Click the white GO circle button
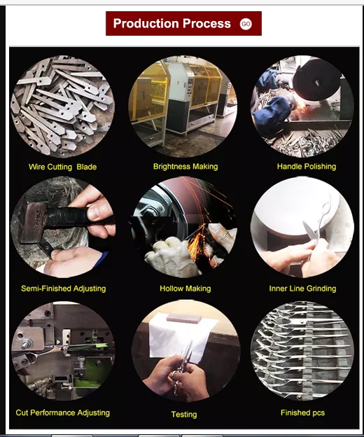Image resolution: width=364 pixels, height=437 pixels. (246, 24)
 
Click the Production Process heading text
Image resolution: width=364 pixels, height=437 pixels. (171, 24)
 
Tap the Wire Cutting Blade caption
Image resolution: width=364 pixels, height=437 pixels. (63, 167)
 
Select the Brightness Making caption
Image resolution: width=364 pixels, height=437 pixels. (185, 167)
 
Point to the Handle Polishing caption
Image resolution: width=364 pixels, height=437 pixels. (307, 167)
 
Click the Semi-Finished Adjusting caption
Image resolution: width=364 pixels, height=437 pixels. (64, 289)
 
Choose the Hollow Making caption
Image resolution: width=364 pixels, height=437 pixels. (185, 289)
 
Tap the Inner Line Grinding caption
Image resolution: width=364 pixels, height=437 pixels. (302, 289)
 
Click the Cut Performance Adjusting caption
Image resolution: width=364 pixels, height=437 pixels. (63, 412)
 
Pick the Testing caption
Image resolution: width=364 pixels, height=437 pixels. (184, 415)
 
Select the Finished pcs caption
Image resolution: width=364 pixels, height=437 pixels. (302, 412)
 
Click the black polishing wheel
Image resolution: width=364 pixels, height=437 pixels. (316, 80)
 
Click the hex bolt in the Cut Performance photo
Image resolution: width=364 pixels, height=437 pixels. (26, 344)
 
